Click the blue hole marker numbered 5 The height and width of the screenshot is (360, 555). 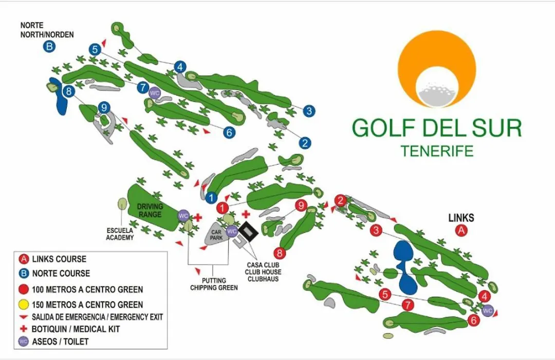click(95, 49)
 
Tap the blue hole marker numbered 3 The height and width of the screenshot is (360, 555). click(309, 111)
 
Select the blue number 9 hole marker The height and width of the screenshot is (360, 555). click(104, 107)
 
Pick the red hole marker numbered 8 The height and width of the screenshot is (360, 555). click(280, 253)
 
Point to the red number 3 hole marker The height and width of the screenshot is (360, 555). click(376, 230)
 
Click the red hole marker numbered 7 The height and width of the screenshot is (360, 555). click(408, 305)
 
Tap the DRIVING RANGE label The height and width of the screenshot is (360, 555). click(150, 210)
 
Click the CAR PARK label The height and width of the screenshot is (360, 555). click(216, 235)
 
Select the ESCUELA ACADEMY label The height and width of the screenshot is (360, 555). click(120, 234)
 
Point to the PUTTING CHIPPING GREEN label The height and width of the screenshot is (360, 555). click(214, 284)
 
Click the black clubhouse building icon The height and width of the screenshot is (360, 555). click(249, 232)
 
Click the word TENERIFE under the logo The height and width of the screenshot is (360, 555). click(437, 151)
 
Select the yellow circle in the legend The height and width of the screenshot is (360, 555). click(23, 304)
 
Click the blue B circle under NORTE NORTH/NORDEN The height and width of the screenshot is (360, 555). click(49, 46)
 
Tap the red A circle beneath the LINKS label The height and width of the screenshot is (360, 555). click(461, 231)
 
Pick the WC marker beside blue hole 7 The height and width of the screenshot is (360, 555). click(155, 93)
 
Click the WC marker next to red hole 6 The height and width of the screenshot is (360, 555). click(487, 311)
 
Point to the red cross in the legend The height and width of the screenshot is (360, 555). click(24, 329)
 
